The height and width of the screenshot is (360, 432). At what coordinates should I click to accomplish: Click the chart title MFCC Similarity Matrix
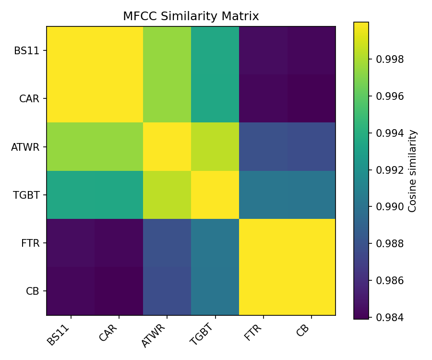pyautogui.click(x=191, y=16)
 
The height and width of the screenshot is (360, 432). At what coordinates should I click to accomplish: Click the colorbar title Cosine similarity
pyautogui.click(x=412, y=170)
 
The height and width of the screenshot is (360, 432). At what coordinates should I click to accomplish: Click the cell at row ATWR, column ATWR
pyautogui.click(x=167, y=146)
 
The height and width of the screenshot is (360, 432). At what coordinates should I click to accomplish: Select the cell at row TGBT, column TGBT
pyautogui.click(x=215, y=195)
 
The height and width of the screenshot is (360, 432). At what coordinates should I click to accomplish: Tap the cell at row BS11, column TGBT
pyautogui.click(x=215, y=50)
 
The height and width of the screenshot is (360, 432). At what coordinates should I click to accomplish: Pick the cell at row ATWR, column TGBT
pyautogui.click(x=215, y=146)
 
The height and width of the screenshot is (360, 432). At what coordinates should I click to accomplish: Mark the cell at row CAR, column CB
pyautogui.click(x=312, y=98)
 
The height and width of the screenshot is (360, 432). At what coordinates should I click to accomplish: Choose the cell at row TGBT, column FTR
pyautogui.click(x=263, y=195)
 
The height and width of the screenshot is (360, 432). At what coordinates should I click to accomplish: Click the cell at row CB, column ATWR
pyautogui.click(x=167, y=291)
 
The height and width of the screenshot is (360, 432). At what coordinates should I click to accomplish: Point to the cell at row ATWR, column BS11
pyautogui.click(x=71, y=146)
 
